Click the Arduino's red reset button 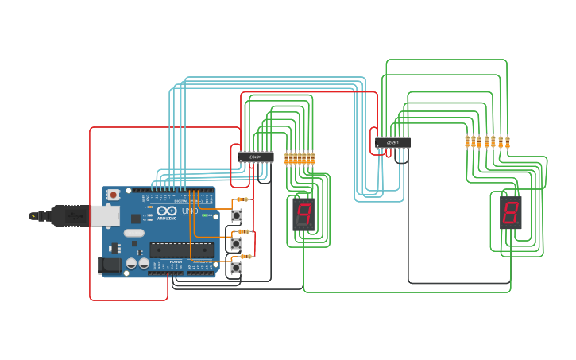coord(114,195)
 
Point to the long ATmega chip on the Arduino coord(181,250)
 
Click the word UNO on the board coord(190,211)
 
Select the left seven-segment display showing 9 coord(303,213)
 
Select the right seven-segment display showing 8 coord(510,213)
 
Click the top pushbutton coord(236,215)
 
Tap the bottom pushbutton coord(236,269)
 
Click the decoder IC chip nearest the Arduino coord(256,157)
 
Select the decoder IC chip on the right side coord(392,143)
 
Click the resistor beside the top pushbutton coord(242,199)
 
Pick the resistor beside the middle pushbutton coord(245,231)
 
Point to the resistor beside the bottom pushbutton coord(247,257)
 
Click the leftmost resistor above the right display coord(467,141)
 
